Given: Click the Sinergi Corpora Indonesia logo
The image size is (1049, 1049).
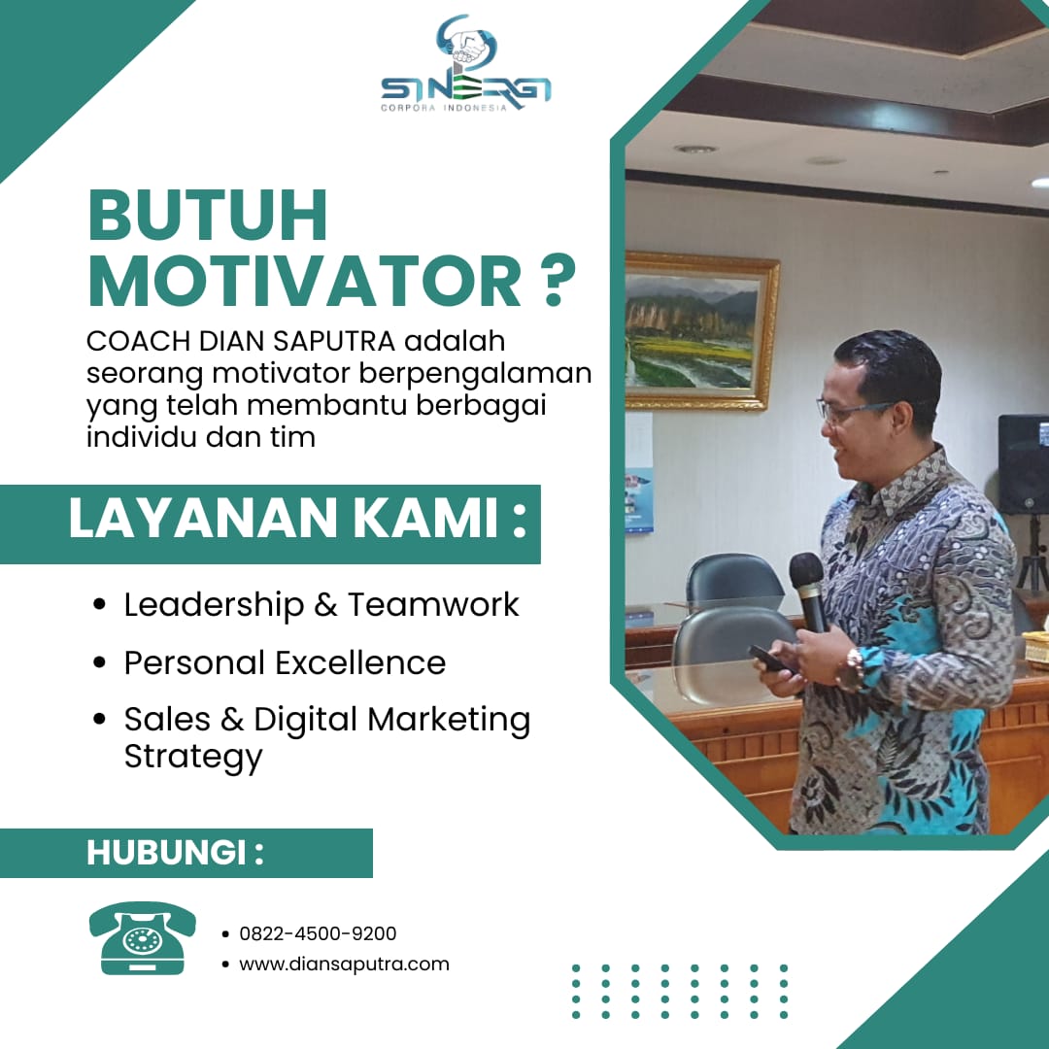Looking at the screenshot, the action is pyautogui.click(x=465, y=63).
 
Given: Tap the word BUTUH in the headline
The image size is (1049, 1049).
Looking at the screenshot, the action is pyautogui.click(x=208, y=216).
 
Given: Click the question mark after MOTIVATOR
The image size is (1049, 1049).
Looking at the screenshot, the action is pyautogui.click(x=556, y=280).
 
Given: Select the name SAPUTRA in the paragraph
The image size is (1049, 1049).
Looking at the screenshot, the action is pyautogui.click(x=334, y=341).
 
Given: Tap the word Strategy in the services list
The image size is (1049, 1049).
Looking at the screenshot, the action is pyautogui.click(x=193, y=758).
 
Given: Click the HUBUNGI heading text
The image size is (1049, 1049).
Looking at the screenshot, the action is pyautogui.click(x=175, y=853).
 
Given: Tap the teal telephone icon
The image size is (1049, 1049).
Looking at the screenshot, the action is pyautogui.click(x=143, y=937).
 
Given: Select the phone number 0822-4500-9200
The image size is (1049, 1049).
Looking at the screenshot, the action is pyautogui.click(x=318, y=933).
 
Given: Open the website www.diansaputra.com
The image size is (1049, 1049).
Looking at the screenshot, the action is pyautogui.click(x=344, y=964).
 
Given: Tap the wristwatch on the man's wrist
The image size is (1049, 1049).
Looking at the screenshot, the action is pyautogui.click(x=853, y=669).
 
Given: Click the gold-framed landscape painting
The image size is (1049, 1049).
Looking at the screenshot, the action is pyautogui.click(x=702, y=330).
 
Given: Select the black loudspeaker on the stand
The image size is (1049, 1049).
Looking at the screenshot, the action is pyautogui.click(x=1024, y=464).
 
